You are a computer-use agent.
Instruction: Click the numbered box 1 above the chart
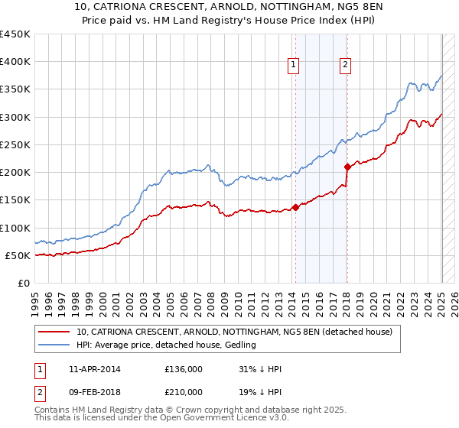click(x=294, y=66)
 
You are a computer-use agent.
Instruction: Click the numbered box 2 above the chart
click(x=346, y=66)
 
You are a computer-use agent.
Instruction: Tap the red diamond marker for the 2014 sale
click(x=295, y=207)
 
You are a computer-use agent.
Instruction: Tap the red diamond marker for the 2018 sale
click(x=347, y=167)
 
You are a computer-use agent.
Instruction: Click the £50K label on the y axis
click(x=18, y=255)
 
